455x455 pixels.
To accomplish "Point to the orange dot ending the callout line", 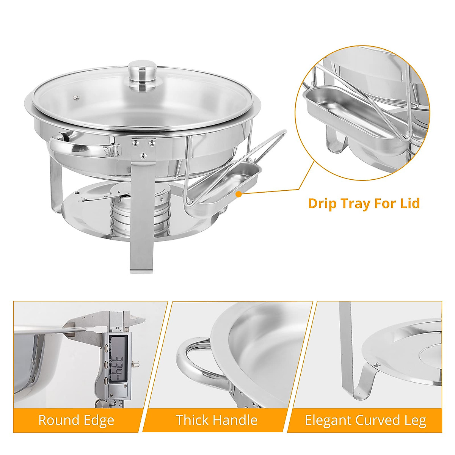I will [238, 194].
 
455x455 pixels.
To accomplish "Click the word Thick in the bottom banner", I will [191, 420].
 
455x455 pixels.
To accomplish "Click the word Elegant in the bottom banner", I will [328, 420].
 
